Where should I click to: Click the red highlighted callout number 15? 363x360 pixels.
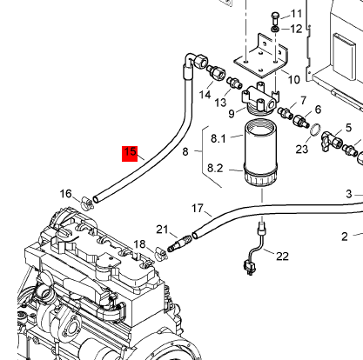130,153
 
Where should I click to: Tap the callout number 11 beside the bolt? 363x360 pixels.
296,14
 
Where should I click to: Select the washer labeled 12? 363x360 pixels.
275,29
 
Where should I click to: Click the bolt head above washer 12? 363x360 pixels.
275,15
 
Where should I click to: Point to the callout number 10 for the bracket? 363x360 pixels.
293,79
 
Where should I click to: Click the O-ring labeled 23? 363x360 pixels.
315,130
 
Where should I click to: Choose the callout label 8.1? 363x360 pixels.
218,138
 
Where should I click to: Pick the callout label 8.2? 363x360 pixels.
215,168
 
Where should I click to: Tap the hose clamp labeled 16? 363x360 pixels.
86,202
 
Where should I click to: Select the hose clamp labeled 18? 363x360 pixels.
160,253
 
